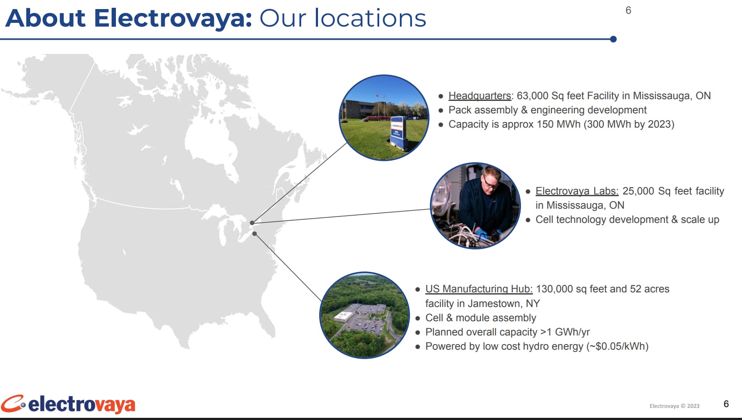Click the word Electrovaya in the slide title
point(173,19)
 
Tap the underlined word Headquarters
point(480,96)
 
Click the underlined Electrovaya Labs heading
point(577,191)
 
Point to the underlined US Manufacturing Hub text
point(479,289)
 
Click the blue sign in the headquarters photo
point(398,132)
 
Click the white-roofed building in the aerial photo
point(343,316)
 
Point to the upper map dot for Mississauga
point(252,223)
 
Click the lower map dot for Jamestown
point(255,234)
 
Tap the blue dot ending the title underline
point(613,39)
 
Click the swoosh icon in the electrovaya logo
point(13,404)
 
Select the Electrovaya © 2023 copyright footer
point(674,406)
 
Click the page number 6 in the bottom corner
point(726,404)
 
